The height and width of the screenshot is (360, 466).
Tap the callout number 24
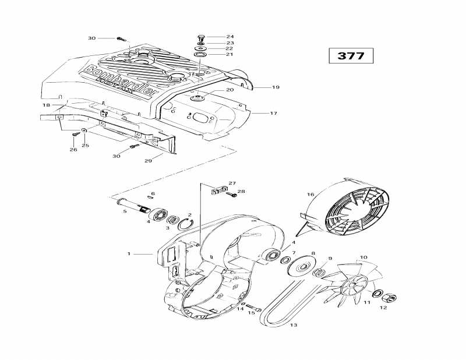click(x=214, y=36)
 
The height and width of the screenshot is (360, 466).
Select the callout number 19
click(x=276, y=87)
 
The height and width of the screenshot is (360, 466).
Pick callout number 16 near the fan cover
click(x=310, y=195)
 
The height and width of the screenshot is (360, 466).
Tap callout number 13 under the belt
click(x=293, y=324)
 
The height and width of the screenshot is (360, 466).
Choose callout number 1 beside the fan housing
click(x=129, y=253)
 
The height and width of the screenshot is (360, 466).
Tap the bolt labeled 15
click(x=251, y=306)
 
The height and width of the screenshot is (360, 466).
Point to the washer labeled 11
click(x=377, y=292)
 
